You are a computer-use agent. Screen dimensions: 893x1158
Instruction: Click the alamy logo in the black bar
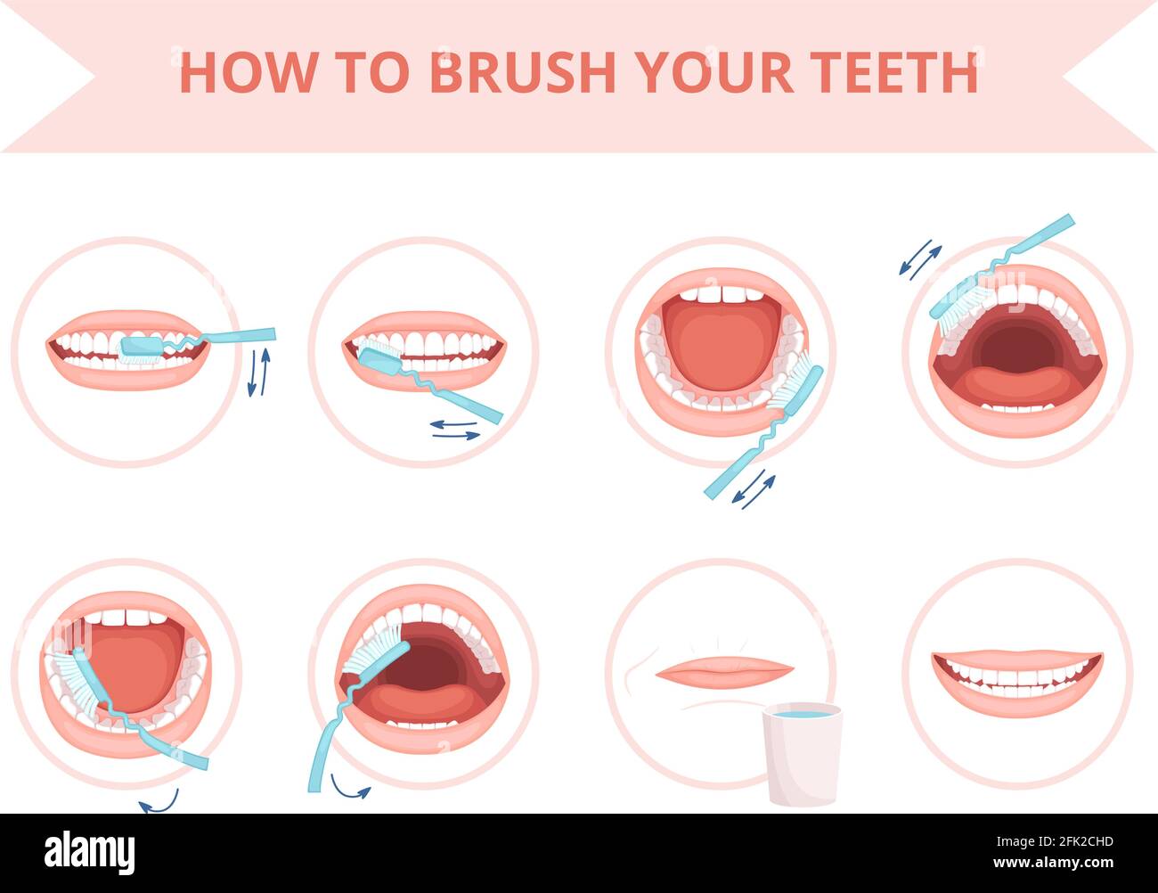pyautogui.click(x=90, y=852)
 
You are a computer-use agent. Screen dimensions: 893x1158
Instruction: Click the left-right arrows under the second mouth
pyautogui.click(x=455, y=430)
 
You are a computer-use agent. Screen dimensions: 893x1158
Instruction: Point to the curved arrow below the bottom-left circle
pyautogui.click(x=159, y=802)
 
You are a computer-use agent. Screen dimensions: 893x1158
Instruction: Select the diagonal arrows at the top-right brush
pyautogui.click(x=918, y=258)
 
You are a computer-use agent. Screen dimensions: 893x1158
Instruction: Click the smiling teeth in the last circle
pyautogui.click(x=1017, y=679)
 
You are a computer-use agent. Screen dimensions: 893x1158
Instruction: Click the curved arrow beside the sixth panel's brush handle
pyautogui.click(x=349, y=787)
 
